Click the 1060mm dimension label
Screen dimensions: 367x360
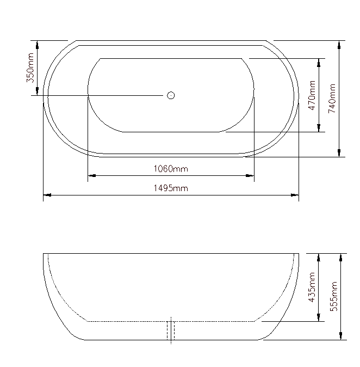click(171, 169)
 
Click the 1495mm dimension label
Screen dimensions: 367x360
click(171, 188)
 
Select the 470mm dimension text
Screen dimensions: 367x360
click(312, 95)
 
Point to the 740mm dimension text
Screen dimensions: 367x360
click(332, 98)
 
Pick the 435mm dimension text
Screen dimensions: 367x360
click(312, 288)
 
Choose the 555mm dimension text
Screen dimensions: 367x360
click(333, 296)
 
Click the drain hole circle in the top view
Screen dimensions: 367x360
click(171, 96)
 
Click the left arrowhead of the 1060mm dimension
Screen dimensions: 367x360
click(91, 175)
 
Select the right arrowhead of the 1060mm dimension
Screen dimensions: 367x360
click(251, 175)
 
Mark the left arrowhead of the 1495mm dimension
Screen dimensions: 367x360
click(47, 194)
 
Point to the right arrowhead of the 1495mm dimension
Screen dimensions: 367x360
click(295, 194)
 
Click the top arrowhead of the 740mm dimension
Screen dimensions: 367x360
click(340, 44)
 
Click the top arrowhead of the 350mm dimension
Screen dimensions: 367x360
click(36, 44)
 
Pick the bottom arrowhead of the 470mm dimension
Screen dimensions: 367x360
click(319, 128)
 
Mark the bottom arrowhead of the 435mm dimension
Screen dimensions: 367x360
click(319, 317)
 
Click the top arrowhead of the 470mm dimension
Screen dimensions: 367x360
click(319, 62)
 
